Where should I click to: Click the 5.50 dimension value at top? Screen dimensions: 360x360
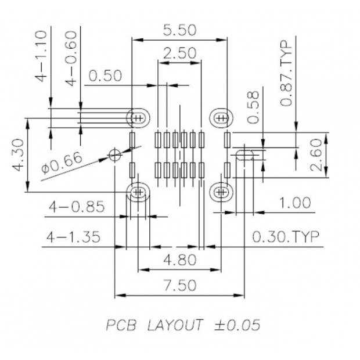(x=179, y=30)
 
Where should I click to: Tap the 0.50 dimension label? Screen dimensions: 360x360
(x=105, y=76)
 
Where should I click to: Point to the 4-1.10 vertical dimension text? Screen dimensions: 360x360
(x=41, y=56)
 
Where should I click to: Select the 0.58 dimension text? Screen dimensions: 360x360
(x=253, y=107)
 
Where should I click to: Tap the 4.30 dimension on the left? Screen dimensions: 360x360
(x=18, y=154)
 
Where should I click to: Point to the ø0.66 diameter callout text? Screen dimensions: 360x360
(x=62, y=163)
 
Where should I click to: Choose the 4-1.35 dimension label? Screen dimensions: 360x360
(x=74, y=237)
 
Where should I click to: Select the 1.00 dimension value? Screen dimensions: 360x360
(x=294, y=203)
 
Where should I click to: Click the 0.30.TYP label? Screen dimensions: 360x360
(x=286, y=237)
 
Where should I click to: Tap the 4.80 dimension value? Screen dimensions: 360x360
(x=179, y=260)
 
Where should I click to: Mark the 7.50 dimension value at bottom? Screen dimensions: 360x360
(x=179, y=285)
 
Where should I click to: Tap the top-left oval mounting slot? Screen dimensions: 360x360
(x=138, y=118)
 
